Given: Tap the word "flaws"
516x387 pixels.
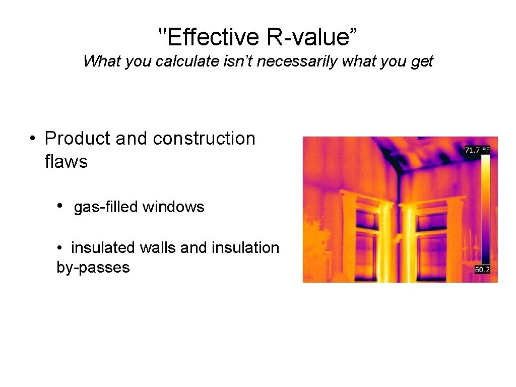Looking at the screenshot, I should tap(66, 162).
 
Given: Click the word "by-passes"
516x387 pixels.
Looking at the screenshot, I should tap(93, 267).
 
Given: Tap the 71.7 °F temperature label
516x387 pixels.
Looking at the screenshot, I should tap(477, 150).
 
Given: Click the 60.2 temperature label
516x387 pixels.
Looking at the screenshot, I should tap(482, 270).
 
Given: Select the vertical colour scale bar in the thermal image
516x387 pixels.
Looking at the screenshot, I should tap(485, 209).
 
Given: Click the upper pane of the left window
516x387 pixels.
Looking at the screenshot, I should tap(366, 220).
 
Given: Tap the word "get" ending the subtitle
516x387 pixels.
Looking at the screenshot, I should tap(422, 61).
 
